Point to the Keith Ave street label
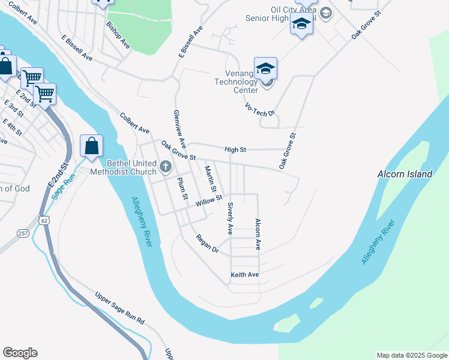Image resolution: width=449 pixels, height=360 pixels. [x=244, y=275]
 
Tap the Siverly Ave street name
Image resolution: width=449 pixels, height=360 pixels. [x=230, y=218]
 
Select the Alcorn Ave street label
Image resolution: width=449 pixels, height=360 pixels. [x=258, y=233]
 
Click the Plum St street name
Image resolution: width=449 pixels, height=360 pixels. [x=182, y=188]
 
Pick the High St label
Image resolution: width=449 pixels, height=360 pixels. [x=236, y=149]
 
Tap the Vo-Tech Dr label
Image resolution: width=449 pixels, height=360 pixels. [x=259, y=109]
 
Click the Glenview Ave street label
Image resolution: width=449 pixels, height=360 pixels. [x=178, y=130]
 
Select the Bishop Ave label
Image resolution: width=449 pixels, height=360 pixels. [x=118, y=35]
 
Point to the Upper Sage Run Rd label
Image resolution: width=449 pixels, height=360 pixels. [x=120, y=308]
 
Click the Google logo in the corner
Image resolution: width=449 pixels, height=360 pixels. [x=20, y=353]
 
